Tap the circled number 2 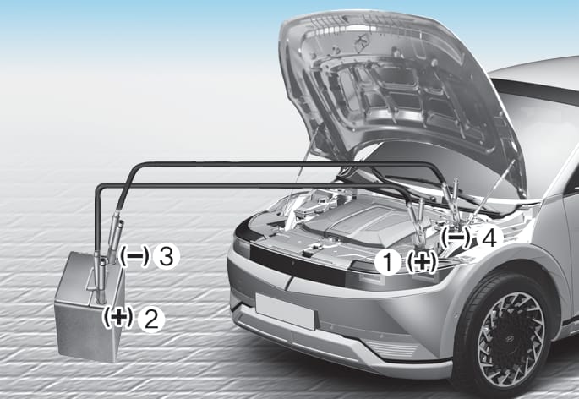tap(151, 320)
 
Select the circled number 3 tap(167, 256)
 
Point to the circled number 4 tap(489, 237)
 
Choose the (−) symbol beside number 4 tap(456, 238)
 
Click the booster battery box tap(88, 307)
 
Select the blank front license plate tap(285, 311)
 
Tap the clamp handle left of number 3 tap(115, 238)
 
